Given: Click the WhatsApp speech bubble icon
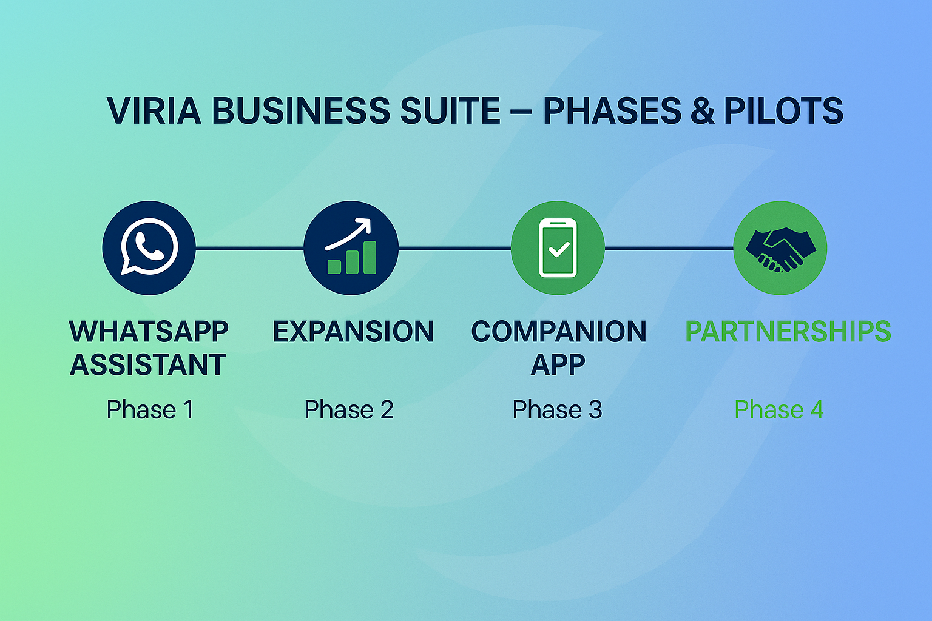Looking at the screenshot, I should coord(149,247).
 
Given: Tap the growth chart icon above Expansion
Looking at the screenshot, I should coord(351,248).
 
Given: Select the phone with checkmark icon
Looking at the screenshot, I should coord(558,248).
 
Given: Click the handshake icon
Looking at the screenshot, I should coord(780,248).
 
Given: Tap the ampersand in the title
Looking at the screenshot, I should coord(703,111).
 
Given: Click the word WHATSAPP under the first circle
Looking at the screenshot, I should coord(149,332).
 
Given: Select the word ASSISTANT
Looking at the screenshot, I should coord(148,365).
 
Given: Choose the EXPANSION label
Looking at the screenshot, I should coord(353,332).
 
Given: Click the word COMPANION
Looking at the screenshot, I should coord(559,332).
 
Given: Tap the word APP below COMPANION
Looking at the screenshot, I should coord(558,365).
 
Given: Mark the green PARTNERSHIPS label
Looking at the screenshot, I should coord(788,332).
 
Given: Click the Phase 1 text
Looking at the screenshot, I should coord(150,410).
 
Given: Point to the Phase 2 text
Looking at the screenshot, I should coord(349,410).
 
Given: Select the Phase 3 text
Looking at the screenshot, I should coord(557,410).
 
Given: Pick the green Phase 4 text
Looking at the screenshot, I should coord(778,410).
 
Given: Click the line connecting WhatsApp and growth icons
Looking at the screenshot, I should coord(249,248).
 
